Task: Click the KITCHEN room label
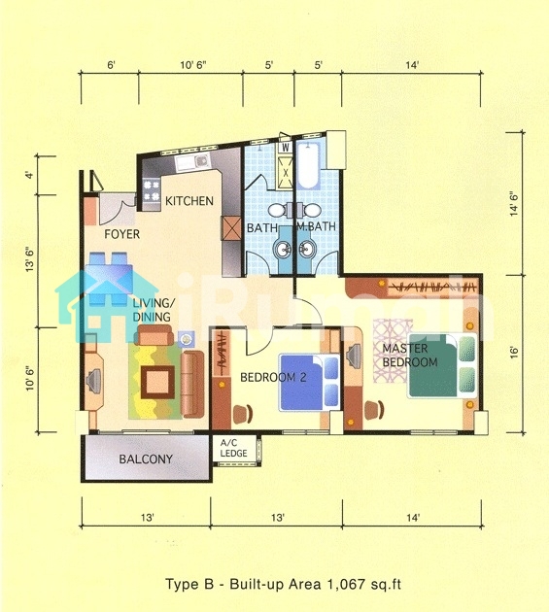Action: [189, 201]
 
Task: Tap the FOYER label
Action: [121, 234]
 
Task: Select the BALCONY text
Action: [146, 459]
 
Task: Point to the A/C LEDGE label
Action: [233, 448]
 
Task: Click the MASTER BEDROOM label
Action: [410, 356]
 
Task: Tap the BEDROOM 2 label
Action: [273, 378]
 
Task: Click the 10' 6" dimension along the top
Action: [193, 65]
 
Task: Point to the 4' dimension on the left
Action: [30, 175]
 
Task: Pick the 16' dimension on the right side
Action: [514, 353]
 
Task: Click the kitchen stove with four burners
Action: [152, 190]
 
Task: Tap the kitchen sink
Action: [193, 161]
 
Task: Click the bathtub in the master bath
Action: [308, 165]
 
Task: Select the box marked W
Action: [286, 148]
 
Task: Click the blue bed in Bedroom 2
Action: [309, 382]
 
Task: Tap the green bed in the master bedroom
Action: [443, 365]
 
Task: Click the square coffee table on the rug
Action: [157, 383]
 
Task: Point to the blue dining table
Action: [109, 278]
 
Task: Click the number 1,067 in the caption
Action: [343, 584]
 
